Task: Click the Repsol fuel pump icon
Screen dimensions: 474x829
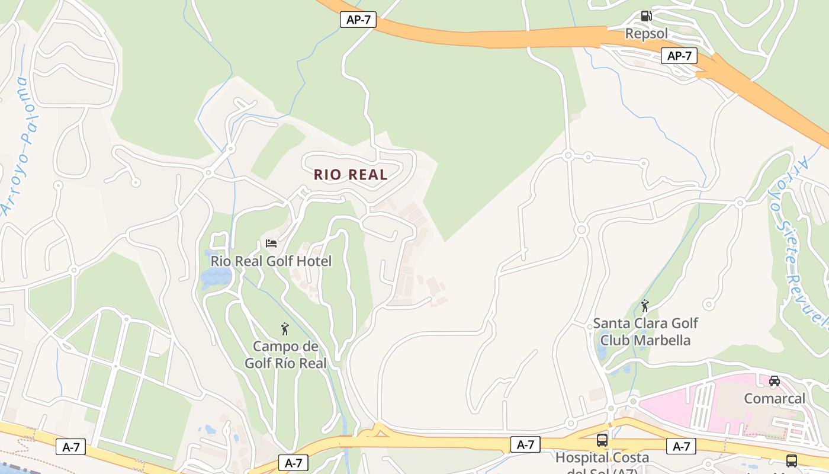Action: (x=646, y=16)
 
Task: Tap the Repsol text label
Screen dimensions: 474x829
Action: (x=646, y=34)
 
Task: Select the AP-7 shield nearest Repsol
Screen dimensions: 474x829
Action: (x=679, y=56)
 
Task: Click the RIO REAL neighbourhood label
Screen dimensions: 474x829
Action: (x=351, y=175)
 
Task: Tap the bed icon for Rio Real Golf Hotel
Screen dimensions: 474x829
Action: (x=271, y=243)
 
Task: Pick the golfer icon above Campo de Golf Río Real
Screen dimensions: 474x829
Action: (x=285, y=329)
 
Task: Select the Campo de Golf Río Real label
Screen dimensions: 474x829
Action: (x=285, y=354)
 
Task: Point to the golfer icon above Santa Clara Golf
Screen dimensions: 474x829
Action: (x=645, y=306)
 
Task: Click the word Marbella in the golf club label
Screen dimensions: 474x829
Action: (x=662, y=340)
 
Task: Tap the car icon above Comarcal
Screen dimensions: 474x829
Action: (x=774, y=381)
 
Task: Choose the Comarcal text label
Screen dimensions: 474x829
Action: (x=774, y=399)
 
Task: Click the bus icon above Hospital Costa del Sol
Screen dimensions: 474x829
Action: (x=602, y=440)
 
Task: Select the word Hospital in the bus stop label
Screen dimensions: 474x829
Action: (x=581, y=458)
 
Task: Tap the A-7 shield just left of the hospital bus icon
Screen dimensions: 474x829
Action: (x=525, y=444)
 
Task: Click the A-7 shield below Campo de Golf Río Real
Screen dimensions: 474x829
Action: (x=294, y=463)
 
